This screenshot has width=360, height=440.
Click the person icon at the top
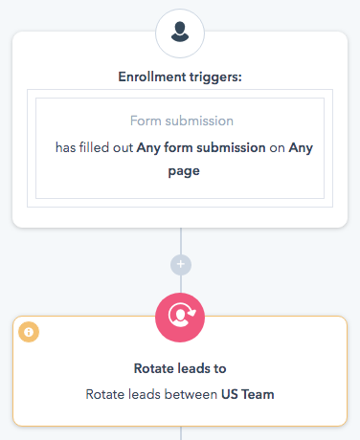(x=179, y=33)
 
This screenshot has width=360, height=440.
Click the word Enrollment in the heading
(x=151, y=77)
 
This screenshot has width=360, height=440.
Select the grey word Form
(x=146, y=121)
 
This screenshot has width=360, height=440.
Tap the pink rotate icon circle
(x=179, y=315)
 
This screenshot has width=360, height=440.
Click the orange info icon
(x=29, y=332)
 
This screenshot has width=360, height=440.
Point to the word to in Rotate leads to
(x=219, y=367)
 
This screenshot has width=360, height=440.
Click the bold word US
(x=232, y=393)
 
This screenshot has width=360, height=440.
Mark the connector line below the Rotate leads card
(x=179, y=433)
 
